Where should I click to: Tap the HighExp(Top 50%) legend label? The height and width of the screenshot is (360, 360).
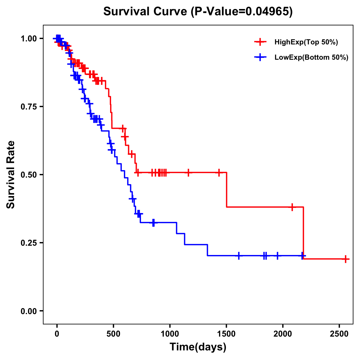306,42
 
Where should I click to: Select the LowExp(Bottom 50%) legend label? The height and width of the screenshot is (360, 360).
311,58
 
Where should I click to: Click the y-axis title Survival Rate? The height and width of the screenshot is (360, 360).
11,175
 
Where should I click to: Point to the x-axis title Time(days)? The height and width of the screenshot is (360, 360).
198,347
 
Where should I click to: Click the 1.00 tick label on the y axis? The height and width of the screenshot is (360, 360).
28,38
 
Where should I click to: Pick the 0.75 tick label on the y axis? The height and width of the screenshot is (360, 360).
28,106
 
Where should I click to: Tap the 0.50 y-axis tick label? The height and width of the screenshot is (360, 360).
28,175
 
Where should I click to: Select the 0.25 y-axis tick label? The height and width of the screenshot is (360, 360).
28,243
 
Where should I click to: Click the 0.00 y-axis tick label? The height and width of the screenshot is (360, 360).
28,311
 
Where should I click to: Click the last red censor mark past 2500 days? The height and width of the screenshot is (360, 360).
346,259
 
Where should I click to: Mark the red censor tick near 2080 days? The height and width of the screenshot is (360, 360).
292,207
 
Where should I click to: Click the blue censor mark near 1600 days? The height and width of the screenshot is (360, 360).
239,256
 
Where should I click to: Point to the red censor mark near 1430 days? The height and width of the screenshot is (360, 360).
219,172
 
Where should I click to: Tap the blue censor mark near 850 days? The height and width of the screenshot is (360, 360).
153,223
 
